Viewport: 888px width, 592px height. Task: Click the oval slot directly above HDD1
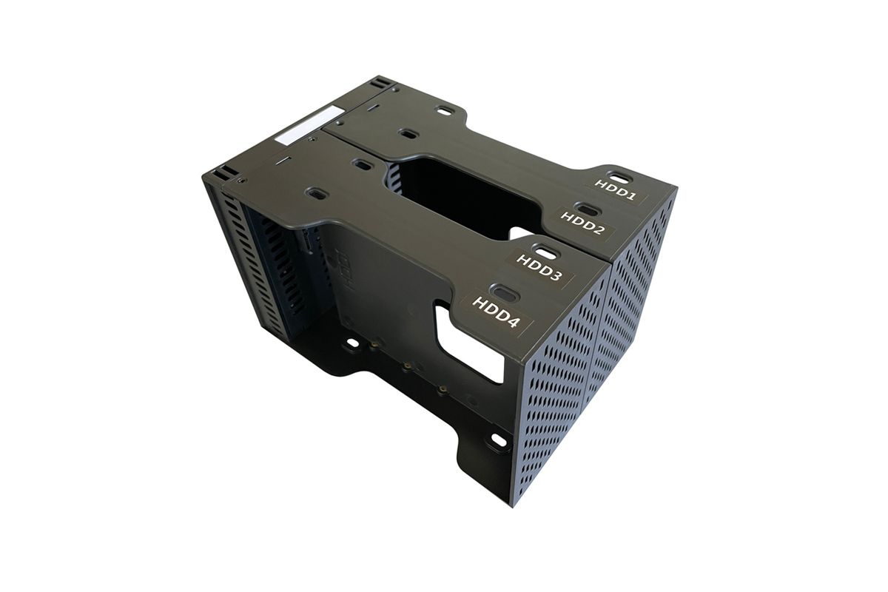click(619, 178)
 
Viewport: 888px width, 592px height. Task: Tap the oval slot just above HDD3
click(547, 251)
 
